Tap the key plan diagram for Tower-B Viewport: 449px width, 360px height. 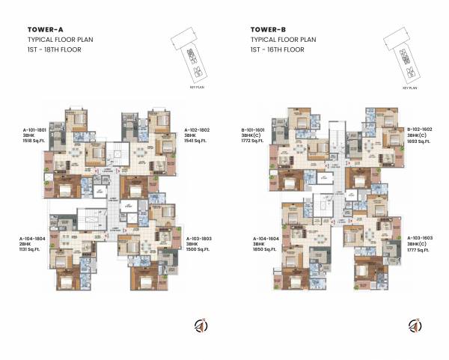(409, 61)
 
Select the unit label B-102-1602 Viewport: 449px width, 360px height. (419, 129)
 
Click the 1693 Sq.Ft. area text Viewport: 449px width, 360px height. (418, 141)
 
